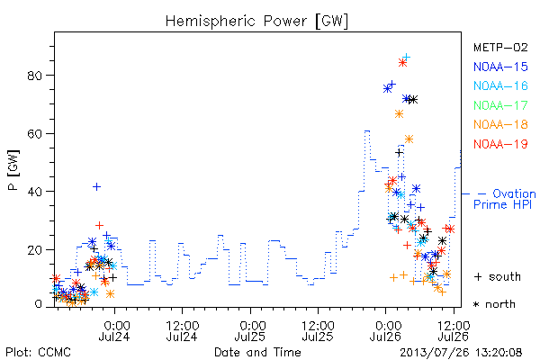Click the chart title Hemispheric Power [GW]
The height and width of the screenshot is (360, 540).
pos(256,22)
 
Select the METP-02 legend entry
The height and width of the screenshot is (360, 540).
pos(500,48)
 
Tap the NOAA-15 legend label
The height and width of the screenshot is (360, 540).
pos(500,67)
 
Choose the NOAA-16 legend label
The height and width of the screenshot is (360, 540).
pos(500,85)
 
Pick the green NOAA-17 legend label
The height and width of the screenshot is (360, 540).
pos(500,105)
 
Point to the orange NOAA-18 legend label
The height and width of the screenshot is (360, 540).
pos(500,124)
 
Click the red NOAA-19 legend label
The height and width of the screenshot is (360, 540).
pos(500,144)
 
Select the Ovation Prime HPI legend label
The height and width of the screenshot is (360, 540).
pos(505,199)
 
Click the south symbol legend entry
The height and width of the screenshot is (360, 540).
pos(498,276)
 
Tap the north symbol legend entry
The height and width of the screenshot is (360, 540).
pos(494,304)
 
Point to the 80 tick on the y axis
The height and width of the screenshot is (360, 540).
pos(35,76)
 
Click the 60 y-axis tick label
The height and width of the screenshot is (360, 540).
pos(35,133)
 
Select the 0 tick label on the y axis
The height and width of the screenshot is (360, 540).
pos(39,304)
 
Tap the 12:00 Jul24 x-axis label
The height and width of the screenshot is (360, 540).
pos(182,330)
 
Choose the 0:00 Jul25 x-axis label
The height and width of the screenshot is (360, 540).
pos(250,330)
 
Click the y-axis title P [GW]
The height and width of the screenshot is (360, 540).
pos(14,170)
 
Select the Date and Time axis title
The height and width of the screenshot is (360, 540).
pos(257,352)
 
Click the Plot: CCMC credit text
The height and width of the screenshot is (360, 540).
pos(38,352)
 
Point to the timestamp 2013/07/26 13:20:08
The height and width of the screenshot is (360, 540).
pos(461,353)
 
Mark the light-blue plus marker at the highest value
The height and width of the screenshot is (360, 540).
pos(407,57)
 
